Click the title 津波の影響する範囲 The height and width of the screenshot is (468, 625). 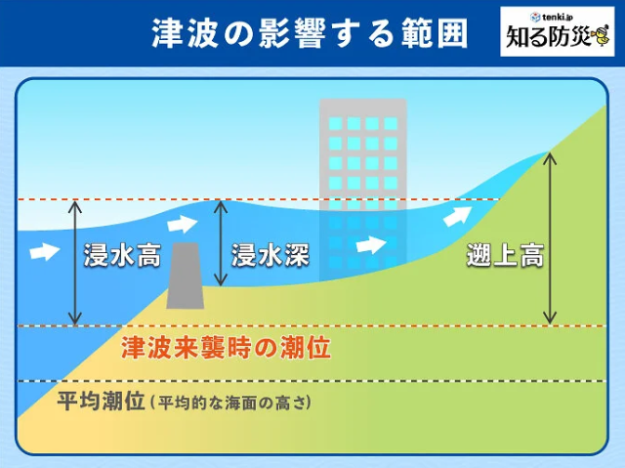click(x=310, y=32)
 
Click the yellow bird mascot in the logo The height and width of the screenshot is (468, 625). click(x=600, y=35)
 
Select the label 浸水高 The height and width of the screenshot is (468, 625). click(x=122, y=255)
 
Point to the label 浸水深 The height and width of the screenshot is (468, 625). click(x=271, y=255)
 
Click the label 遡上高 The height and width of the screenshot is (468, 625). click(x=506, y=255)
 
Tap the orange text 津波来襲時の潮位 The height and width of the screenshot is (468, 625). click(x=226, y=348)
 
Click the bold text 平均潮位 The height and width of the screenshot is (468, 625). click(x=101, y=401)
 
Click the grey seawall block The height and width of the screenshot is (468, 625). click(x=185, y=276)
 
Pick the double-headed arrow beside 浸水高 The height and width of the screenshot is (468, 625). click(x=74, y=263)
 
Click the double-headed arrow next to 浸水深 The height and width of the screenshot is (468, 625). click(x=220, y=243)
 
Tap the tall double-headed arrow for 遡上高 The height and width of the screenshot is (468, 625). click(x=550, y=238)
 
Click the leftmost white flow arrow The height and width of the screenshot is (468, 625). click(x=45, y=251)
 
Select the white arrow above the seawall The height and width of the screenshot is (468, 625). click(x=183, y=224)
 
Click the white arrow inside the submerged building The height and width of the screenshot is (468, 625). click(x=371, y=244)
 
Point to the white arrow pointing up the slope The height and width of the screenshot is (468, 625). click(x=457, y=216)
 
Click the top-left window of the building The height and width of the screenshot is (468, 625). click(x=336, y=123)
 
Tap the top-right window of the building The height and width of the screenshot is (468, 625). click(x=391, y=123)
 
